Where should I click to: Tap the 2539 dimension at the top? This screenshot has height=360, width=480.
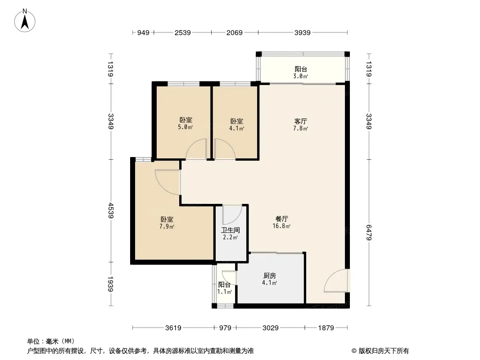coord(183,32)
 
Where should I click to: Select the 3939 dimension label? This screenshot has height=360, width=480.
coord(303,32)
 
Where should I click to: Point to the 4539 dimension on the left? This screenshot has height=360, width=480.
coord(110,211)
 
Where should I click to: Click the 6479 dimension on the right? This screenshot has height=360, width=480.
coord(369,233)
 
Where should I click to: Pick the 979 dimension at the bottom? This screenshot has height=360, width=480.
coord(225,328)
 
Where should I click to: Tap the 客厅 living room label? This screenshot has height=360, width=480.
coord(301,121)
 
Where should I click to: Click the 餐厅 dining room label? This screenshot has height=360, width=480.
coord(281,219)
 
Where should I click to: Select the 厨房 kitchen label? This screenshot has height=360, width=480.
coord(270,276)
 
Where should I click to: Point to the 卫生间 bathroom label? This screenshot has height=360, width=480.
coord(231,230)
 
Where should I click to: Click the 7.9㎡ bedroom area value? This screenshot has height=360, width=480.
coord(167,227)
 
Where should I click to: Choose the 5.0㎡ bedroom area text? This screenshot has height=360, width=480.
coord(186,127)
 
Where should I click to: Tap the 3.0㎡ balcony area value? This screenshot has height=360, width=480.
coord(301,76)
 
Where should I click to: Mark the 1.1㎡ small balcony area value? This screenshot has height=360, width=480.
coord(224,292)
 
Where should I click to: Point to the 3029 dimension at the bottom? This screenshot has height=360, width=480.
coord(271,328)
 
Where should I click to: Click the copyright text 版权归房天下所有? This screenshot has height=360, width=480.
coord(384,351)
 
